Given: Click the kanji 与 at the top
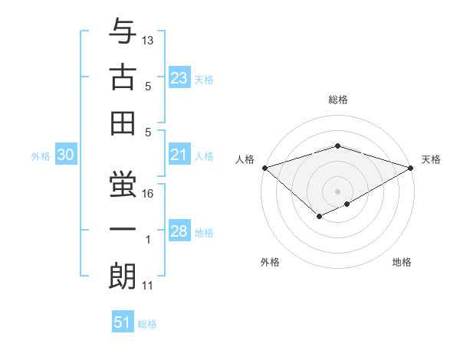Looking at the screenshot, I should point(123,33).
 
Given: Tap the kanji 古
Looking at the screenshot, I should point(123,77).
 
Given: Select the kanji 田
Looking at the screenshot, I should point(123,122).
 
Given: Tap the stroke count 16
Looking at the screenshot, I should point(149,195).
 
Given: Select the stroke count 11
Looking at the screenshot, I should point(148,286).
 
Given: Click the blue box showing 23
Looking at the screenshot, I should point(179,77).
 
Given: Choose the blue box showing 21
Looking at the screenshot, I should point(179,155).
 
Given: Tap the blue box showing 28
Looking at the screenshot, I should point(179,231).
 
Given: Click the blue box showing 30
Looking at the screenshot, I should point(66,155).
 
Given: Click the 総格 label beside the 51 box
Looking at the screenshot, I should point(147,324).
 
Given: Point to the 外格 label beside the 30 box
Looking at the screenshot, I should point(41,156).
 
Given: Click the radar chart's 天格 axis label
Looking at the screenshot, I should point(431,159).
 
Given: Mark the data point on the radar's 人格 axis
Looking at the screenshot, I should point(264,167).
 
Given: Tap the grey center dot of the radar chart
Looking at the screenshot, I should point(337,191).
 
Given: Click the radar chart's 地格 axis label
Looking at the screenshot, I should point(402,262).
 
